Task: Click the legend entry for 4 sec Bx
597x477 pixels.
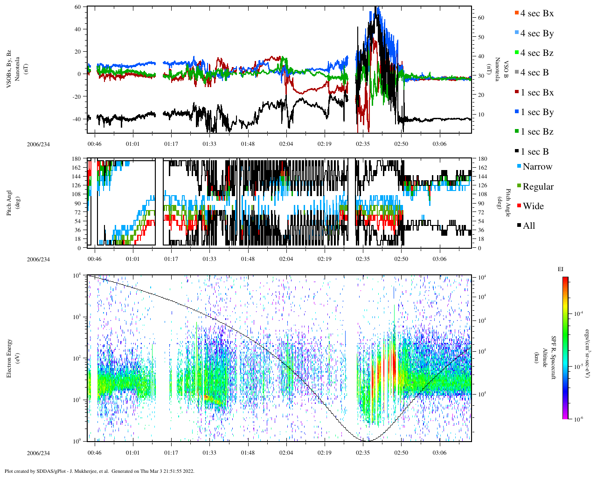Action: point(537,14)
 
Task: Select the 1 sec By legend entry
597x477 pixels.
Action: point(537,112)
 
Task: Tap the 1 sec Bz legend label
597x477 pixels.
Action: point(537,132)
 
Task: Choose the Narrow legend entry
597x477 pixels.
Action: point(537,167)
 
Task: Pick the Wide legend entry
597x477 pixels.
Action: point(533,206)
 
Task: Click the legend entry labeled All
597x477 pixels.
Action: point(528,226)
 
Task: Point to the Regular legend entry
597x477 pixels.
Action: point(538,187)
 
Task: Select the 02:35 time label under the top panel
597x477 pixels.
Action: point(363,144)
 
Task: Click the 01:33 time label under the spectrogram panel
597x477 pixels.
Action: point(209,453)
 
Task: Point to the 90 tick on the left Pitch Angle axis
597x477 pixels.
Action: point(77,203)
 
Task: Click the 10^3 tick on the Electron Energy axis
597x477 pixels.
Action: point(77,317)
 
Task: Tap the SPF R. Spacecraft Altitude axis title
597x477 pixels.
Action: point(549,358)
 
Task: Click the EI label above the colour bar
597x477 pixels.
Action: point(561,269)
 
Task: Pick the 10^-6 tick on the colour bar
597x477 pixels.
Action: point(578,419)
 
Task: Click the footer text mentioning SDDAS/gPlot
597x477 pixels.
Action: point(99,471)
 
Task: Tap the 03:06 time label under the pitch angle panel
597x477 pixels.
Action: point(439,259)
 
